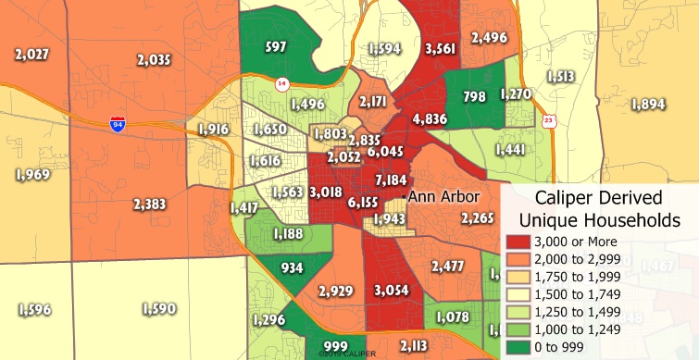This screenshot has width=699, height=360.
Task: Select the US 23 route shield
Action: point(549,120)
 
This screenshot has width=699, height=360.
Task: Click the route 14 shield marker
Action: point(281,85)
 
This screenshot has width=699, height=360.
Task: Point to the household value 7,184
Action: point(391,179)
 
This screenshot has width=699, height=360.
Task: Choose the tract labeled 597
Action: point(275,46)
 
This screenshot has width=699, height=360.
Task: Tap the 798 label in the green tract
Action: point(474,97)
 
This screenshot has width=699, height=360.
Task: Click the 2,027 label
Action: point(31,54)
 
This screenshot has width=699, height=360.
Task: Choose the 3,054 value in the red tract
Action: point(390,290)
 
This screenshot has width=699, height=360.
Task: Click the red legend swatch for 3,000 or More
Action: point(518,242)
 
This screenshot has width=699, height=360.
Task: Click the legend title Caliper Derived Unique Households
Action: point(600,208)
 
